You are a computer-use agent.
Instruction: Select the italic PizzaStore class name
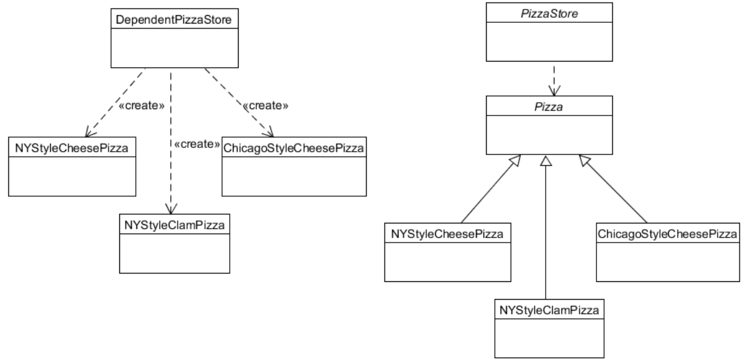[550, 13]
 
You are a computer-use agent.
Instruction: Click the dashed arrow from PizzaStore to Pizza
[550, 79]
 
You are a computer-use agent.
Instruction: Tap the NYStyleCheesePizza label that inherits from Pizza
[447, 234]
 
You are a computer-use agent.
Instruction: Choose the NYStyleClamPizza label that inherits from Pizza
[549, 310]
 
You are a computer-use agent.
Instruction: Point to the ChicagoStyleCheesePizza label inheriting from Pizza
[668, 234]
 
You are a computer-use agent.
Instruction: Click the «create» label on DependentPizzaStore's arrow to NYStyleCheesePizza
[138, 105]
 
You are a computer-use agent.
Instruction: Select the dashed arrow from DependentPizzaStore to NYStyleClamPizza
[171, 178]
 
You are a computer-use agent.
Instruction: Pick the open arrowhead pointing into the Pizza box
[550, 91]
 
